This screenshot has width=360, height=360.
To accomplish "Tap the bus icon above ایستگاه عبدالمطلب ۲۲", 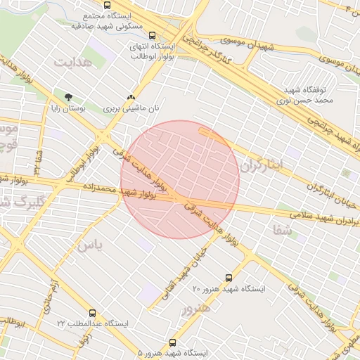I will (93, 312).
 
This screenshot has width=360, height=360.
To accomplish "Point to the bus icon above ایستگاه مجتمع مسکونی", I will (107, 4).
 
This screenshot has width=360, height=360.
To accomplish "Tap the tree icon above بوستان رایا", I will (68, 98).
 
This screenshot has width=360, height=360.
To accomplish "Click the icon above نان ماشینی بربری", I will (131, 98).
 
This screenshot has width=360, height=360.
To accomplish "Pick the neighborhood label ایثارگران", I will (261, 165).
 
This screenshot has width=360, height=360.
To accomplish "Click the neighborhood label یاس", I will (89, 245).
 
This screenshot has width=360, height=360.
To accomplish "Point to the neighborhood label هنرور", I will (196, 309).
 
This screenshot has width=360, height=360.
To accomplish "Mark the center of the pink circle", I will (180, 180).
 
